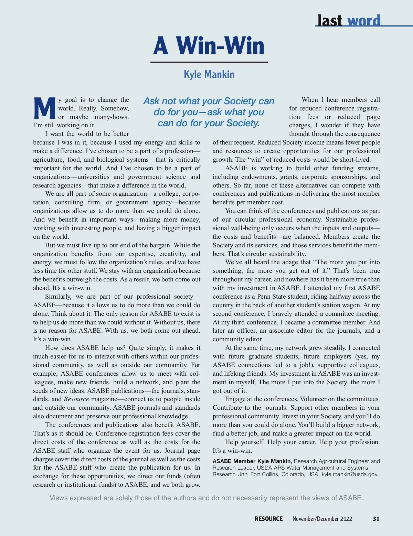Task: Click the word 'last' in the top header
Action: [330, 21]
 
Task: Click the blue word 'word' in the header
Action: [364, 21]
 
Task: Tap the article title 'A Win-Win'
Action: [209, 46]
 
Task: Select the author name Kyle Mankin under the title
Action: [209, 74]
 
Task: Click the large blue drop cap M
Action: [45, 108]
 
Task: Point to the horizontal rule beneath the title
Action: [209, 62]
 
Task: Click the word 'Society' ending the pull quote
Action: [243, 123]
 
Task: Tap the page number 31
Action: [376, 519]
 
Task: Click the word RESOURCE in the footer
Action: [268, 519]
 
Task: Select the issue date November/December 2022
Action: [322, 519]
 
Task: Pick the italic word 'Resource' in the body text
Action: [76, 399]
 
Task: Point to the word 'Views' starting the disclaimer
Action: [59, 498]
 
